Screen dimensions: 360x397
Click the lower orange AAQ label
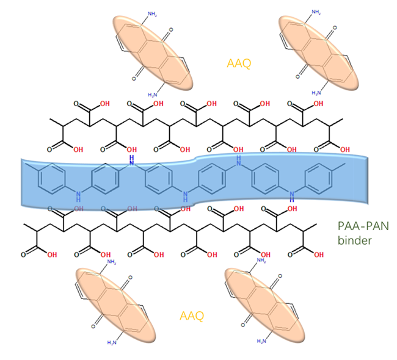tap(191, 316)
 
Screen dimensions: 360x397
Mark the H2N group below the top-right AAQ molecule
tap(316, 93)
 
